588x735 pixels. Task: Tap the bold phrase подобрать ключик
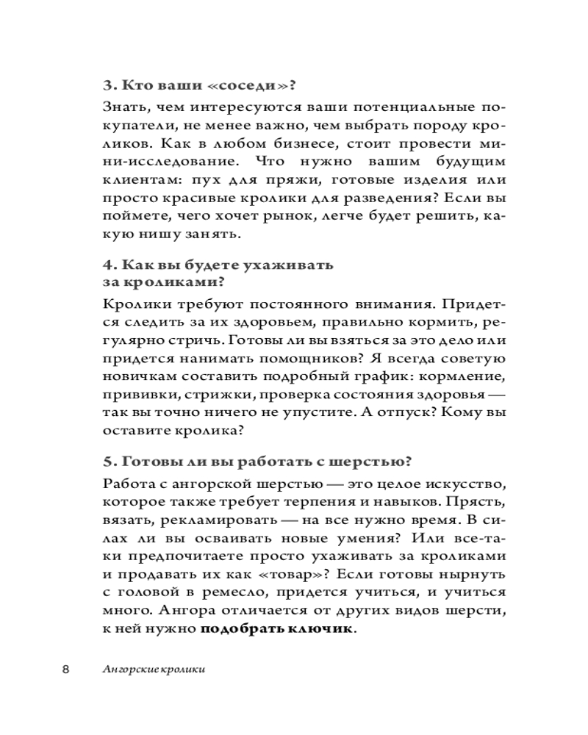click(276, 631)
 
